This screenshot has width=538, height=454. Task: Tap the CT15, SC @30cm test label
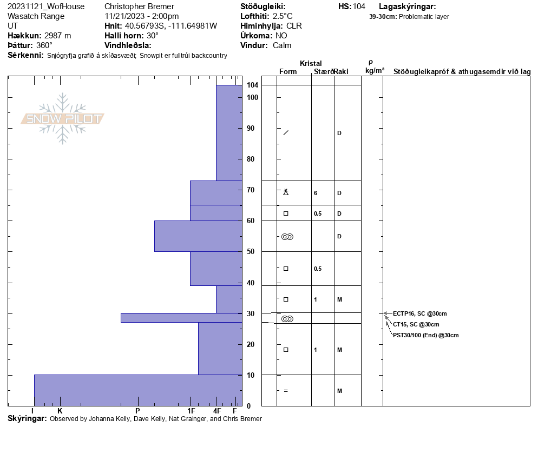pos(416,324)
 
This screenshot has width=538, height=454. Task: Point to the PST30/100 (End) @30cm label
pos(425,335)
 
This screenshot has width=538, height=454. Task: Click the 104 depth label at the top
pos(252,85)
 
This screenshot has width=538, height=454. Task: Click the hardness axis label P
pos(137,411)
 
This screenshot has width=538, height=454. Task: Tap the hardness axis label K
pos(60,411)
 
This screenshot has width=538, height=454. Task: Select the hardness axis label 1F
pos(191,411)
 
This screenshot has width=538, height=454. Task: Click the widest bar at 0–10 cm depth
pos(138,390)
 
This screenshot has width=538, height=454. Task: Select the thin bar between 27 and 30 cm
pos(181,318)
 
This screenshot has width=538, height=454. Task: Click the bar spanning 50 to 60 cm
pos(198,236)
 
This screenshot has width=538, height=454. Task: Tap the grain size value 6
pos(316,193)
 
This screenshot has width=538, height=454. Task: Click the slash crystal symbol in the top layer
pos(286,133)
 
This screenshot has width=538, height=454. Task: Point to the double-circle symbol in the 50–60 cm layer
pos(287,237)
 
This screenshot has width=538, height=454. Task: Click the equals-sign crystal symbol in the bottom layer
pos(286,391)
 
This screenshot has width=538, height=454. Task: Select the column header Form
pos(288,72)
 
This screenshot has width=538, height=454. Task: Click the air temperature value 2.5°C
pos(283,16)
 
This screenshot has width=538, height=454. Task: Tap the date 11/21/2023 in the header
pos(125,16)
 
